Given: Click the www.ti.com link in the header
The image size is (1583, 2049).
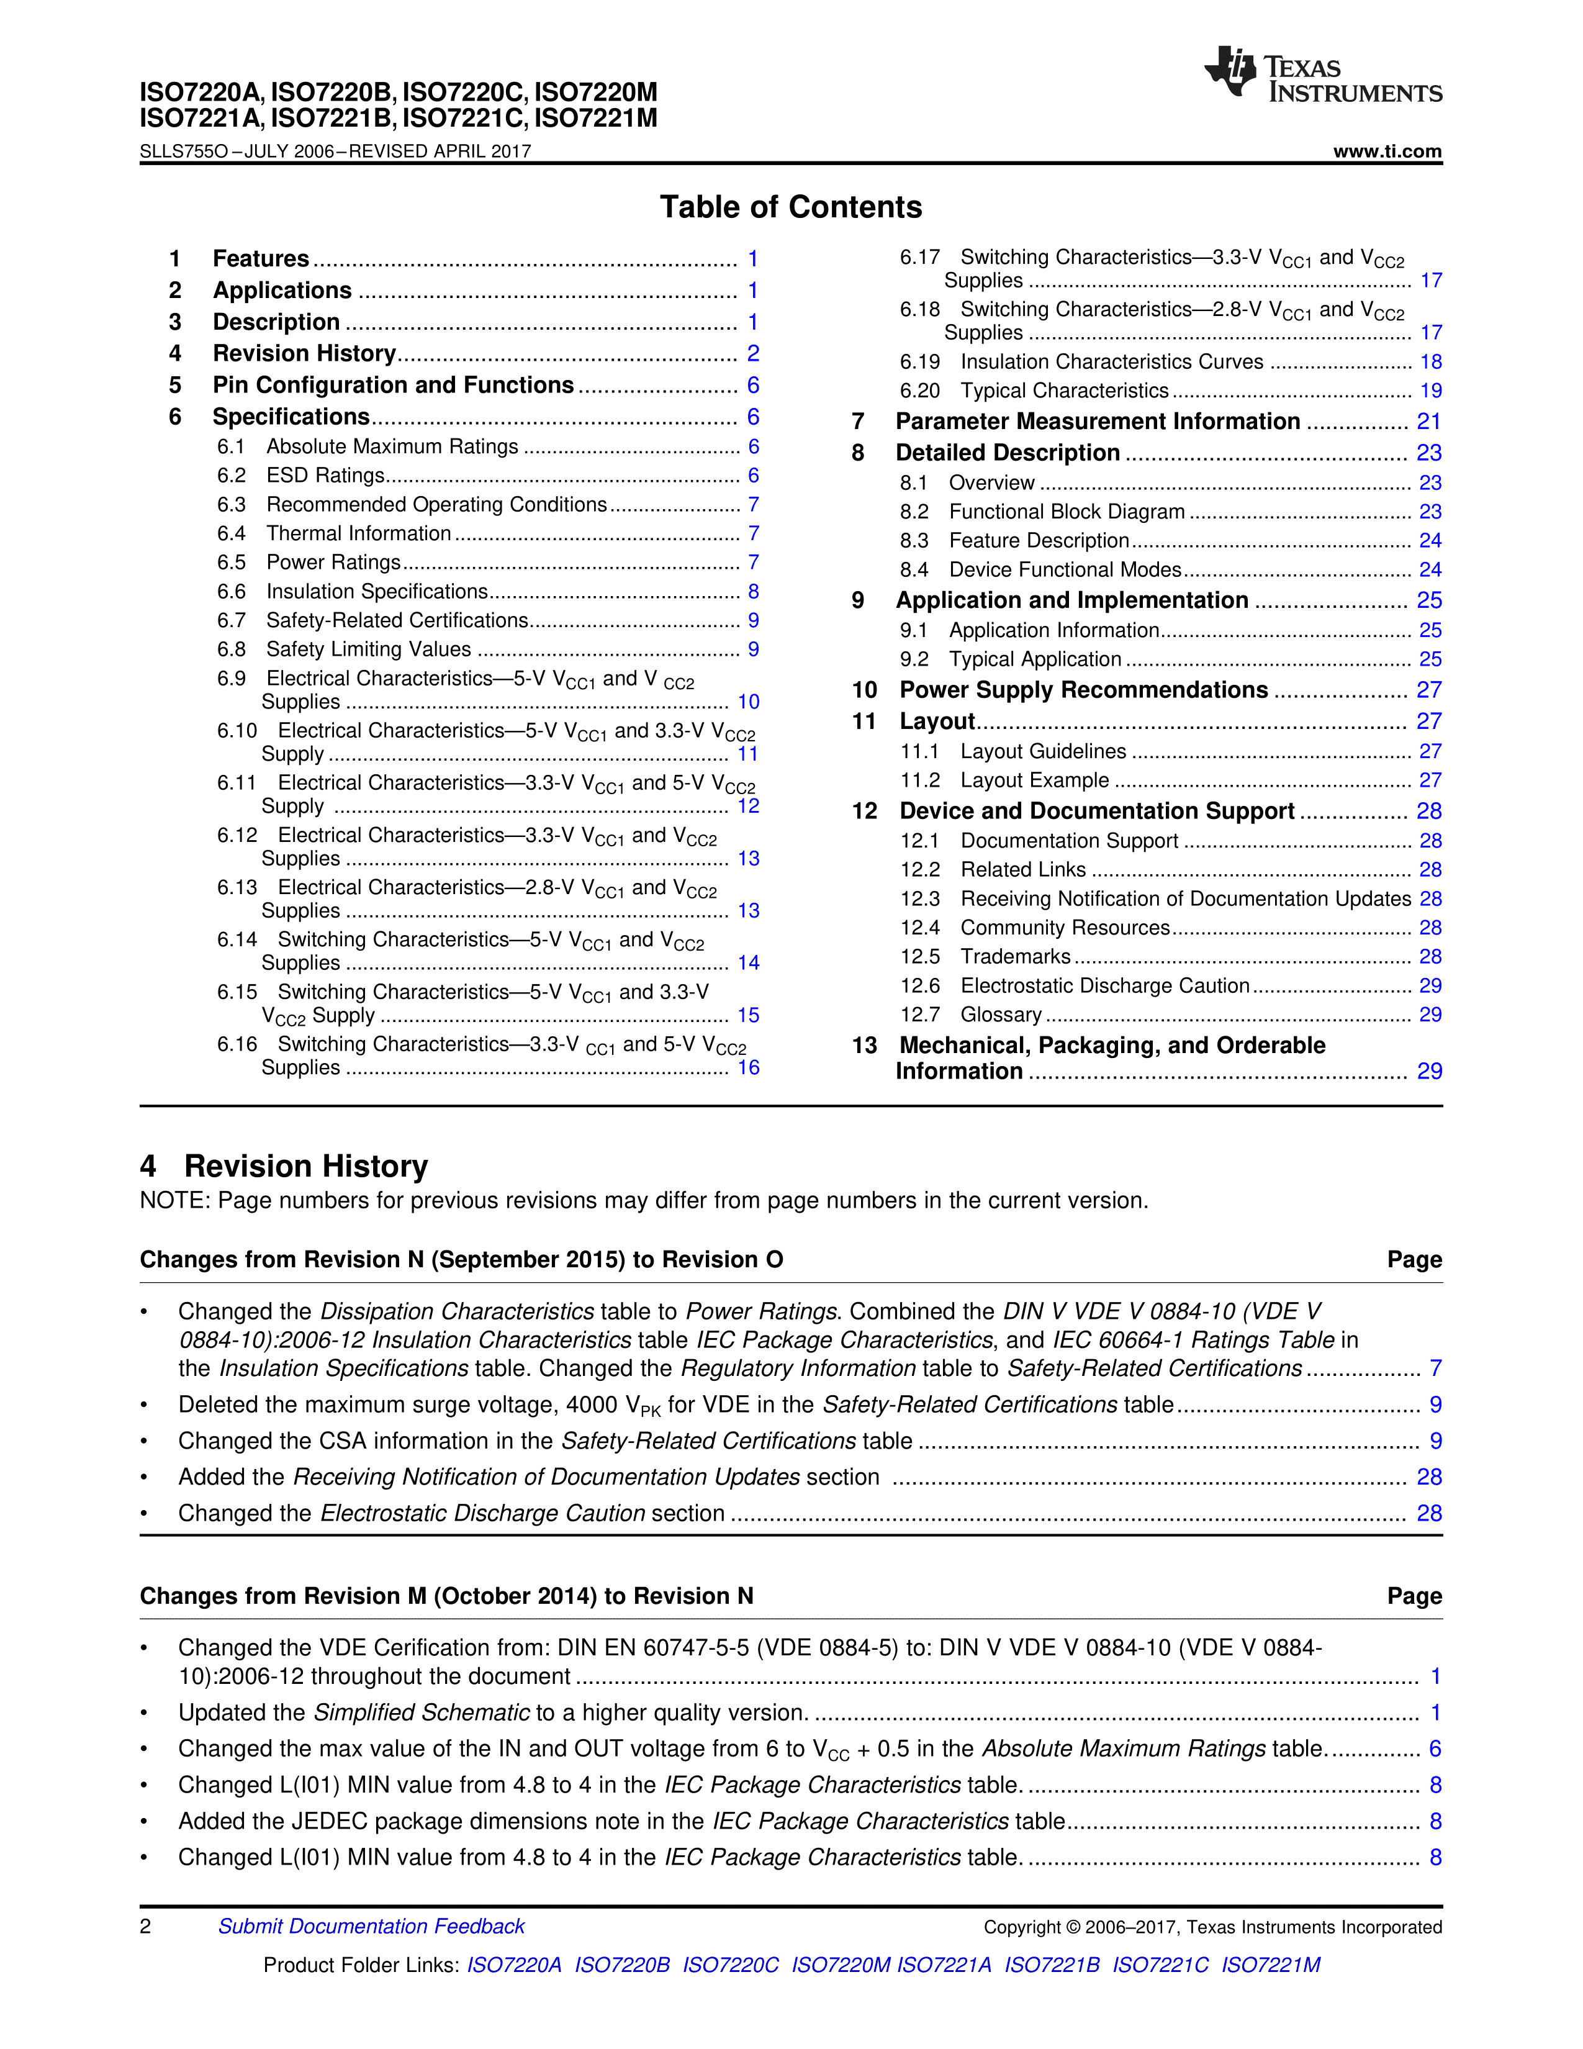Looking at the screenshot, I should pyautogui.click(x=1387, y=151).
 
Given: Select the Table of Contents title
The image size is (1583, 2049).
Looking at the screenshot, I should pyautogui.click(x=790, y=206).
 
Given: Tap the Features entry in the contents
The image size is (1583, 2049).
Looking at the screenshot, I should pyautogui.click(x=261, y=259).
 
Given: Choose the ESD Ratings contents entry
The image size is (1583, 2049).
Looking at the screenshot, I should pyautogui.click(x=325, y=476).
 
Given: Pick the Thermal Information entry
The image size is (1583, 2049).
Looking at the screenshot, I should pyautogui.click(x=358, y=533).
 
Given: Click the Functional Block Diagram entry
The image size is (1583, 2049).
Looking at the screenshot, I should pyautogui.click(x=1067, y=511).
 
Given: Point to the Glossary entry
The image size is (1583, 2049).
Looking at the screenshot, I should pyautogui.click(x=1001, y=1014).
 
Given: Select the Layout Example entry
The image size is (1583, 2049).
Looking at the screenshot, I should pyautogui.click(x=1034, y=780).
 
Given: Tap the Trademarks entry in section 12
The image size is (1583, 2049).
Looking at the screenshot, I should pyautogui.click(x=1015, y=956).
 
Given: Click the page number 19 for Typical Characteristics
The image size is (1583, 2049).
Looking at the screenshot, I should pyautogui.click(x=1430, y=391).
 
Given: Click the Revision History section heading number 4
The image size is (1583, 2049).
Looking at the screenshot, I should pyautogui.click(x=148, y=1166).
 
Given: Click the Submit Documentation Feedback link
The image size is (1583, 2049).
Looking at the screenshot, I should pyautogui.click(x=371, y=1926).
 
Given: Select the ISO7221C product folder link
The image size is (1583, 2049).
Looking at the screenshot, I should pyautogui.click(x=1160, y=1965).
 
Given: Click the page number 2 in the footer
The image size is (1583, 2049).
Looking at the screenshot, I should pyautogui.click(x=145, y=1926).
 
